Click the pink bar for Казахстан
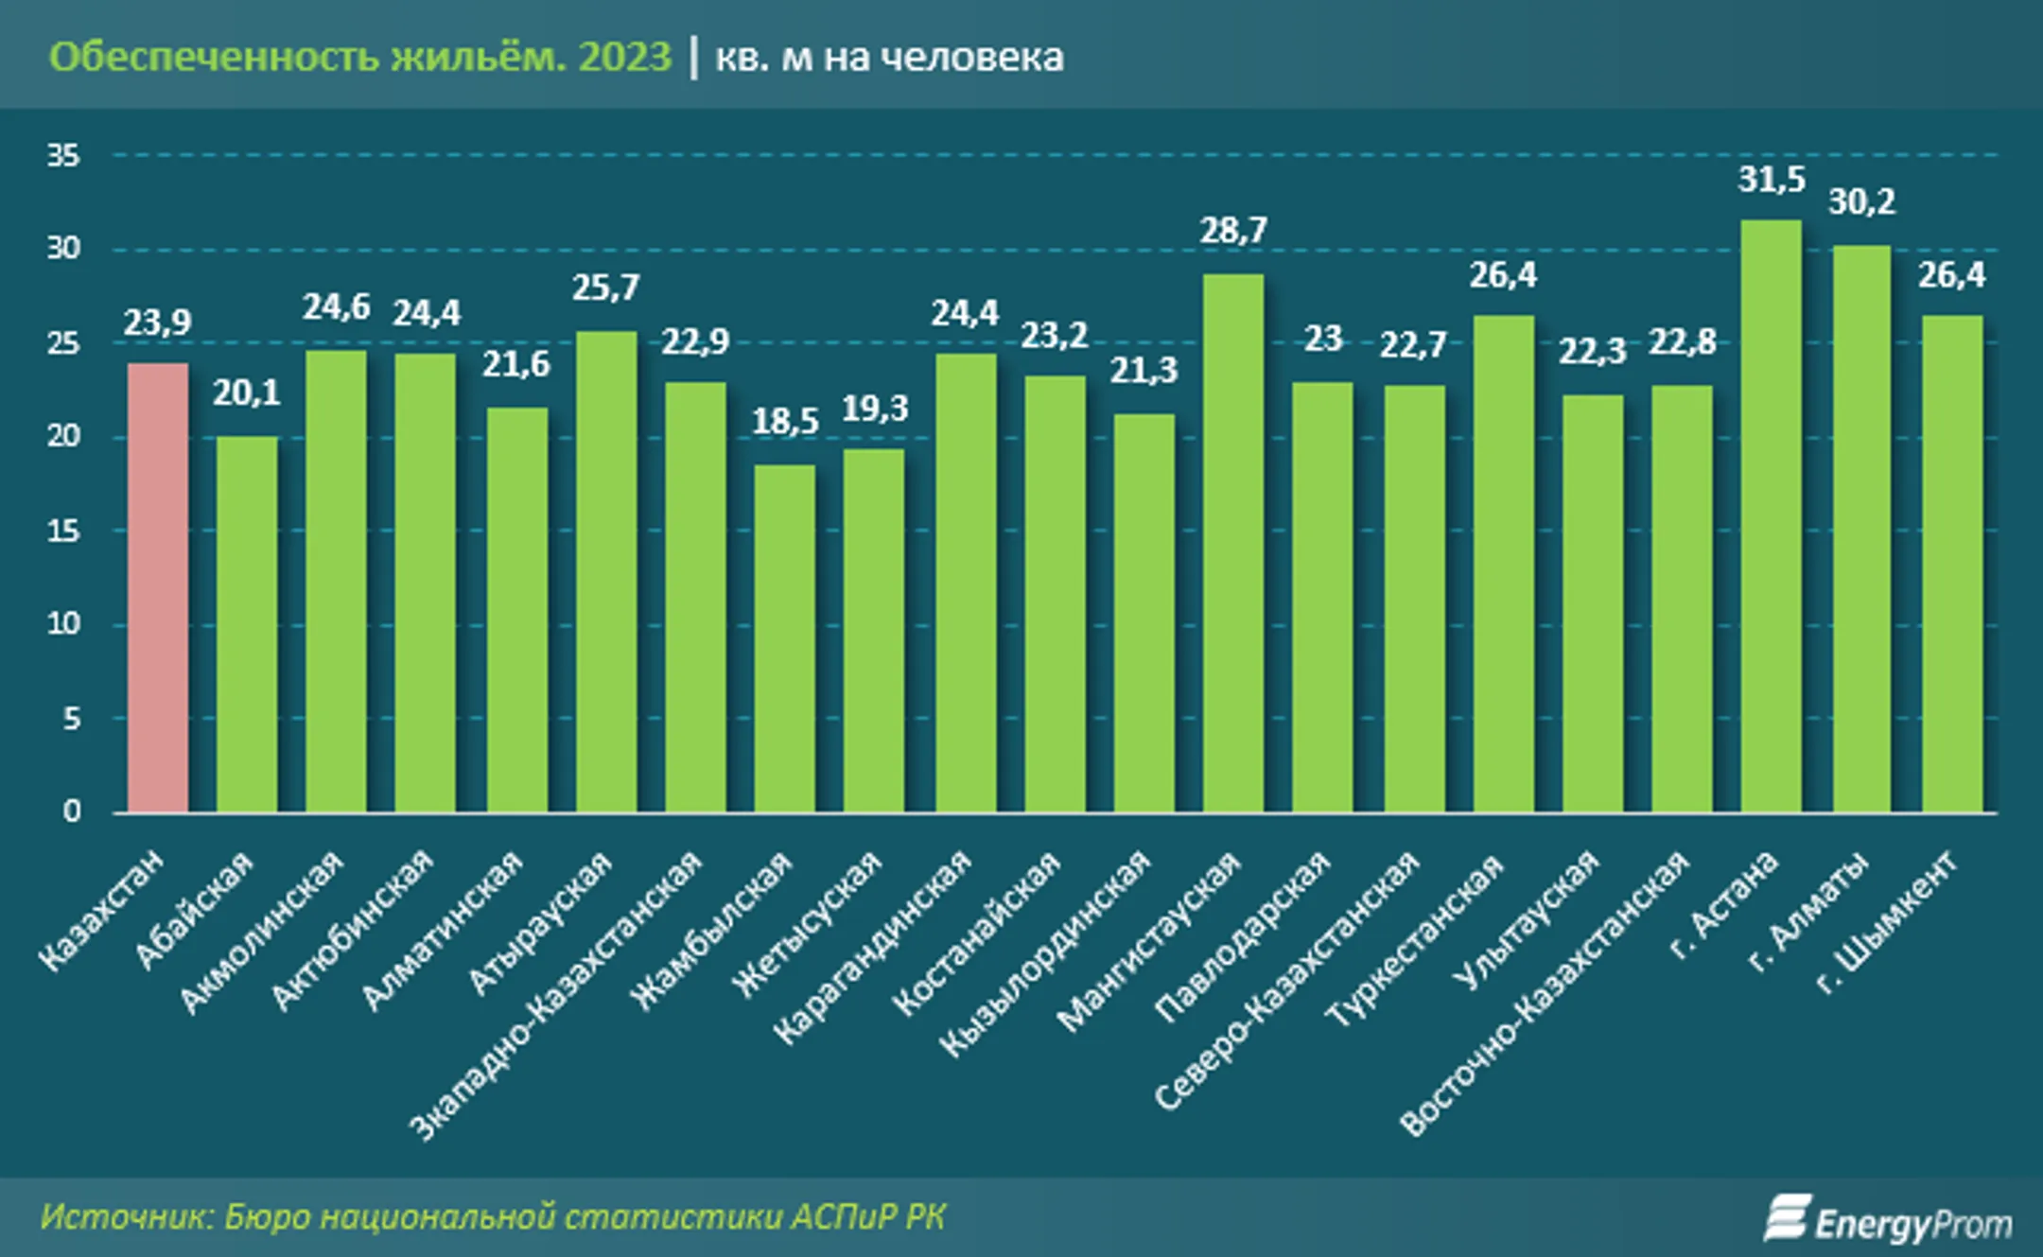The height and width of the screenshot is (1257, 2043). point(158,586)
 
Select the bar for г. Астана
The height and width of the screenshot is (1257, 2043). point(1771,515)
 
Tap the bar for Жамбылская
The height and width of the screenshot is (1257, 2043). point(784,638)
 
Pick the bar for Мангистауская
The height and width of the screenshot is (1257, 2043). point(1232,544)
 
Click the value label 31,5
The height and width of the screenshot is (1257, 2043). point(1771,180)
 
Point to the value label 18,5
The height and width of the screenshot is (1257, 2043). point(784,422)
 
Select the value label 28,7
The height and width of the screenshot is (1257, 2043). point(1232,231)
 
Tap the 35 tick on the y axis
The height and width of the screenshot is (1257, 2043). point(63,156)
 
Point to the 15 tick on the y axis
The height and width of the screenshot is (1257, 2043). point(63,532)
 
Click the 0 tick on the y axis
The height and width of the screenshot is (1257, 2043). point(71,812)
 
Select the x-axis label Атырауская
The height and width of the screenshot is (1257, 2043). point(542,922)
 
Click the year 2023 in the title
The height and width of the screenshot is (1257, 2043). point(624,57)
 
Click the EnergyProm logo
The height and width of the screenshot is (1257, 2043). point(1887,1220)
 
